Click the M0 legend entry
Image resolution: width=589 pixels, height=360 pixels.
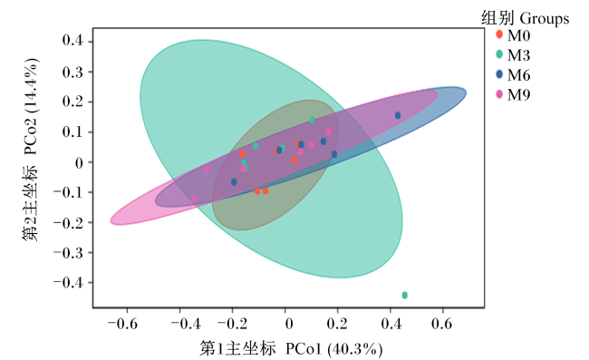[x=513, y=35]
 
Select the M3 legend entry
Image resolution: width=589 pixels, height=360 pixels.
[x=513, y=55]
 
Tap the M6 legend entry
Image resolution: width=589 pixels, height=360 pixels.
[x=513, y=74]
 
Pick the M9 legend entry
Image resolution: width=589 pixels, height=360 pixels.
[x=513, y=94]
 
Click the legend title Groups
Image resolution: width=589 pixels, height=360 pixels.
[x=545, y=18]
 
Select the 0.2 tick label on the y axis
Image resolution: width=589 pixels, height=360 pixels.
[x=72, y=102]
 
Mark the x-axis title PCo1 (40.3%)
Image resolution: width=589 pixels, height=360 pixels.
[x=334, y=349]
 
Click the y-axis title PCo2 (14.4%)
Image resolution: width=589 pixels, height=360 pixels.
[x=31, y=106]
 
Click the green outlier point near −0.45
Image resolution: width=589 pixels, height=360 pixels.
[x=404, y=295]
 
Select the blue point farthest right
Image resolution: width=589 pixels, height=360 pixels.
[x=398, y=115]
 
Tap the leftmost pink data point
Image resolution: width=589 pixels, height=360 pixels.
[x=193, y=199]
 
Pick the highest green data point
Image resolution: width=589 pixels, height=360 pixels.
[x=313, y=120]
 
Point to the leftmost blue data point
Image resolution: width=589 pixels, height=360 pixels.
[x=234, y=182]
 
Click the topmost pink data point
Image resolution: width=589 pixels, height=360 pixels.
[x=329, y=131]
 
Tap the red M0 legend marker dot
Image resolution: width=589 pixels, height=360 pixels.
[x=499, y=34]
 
